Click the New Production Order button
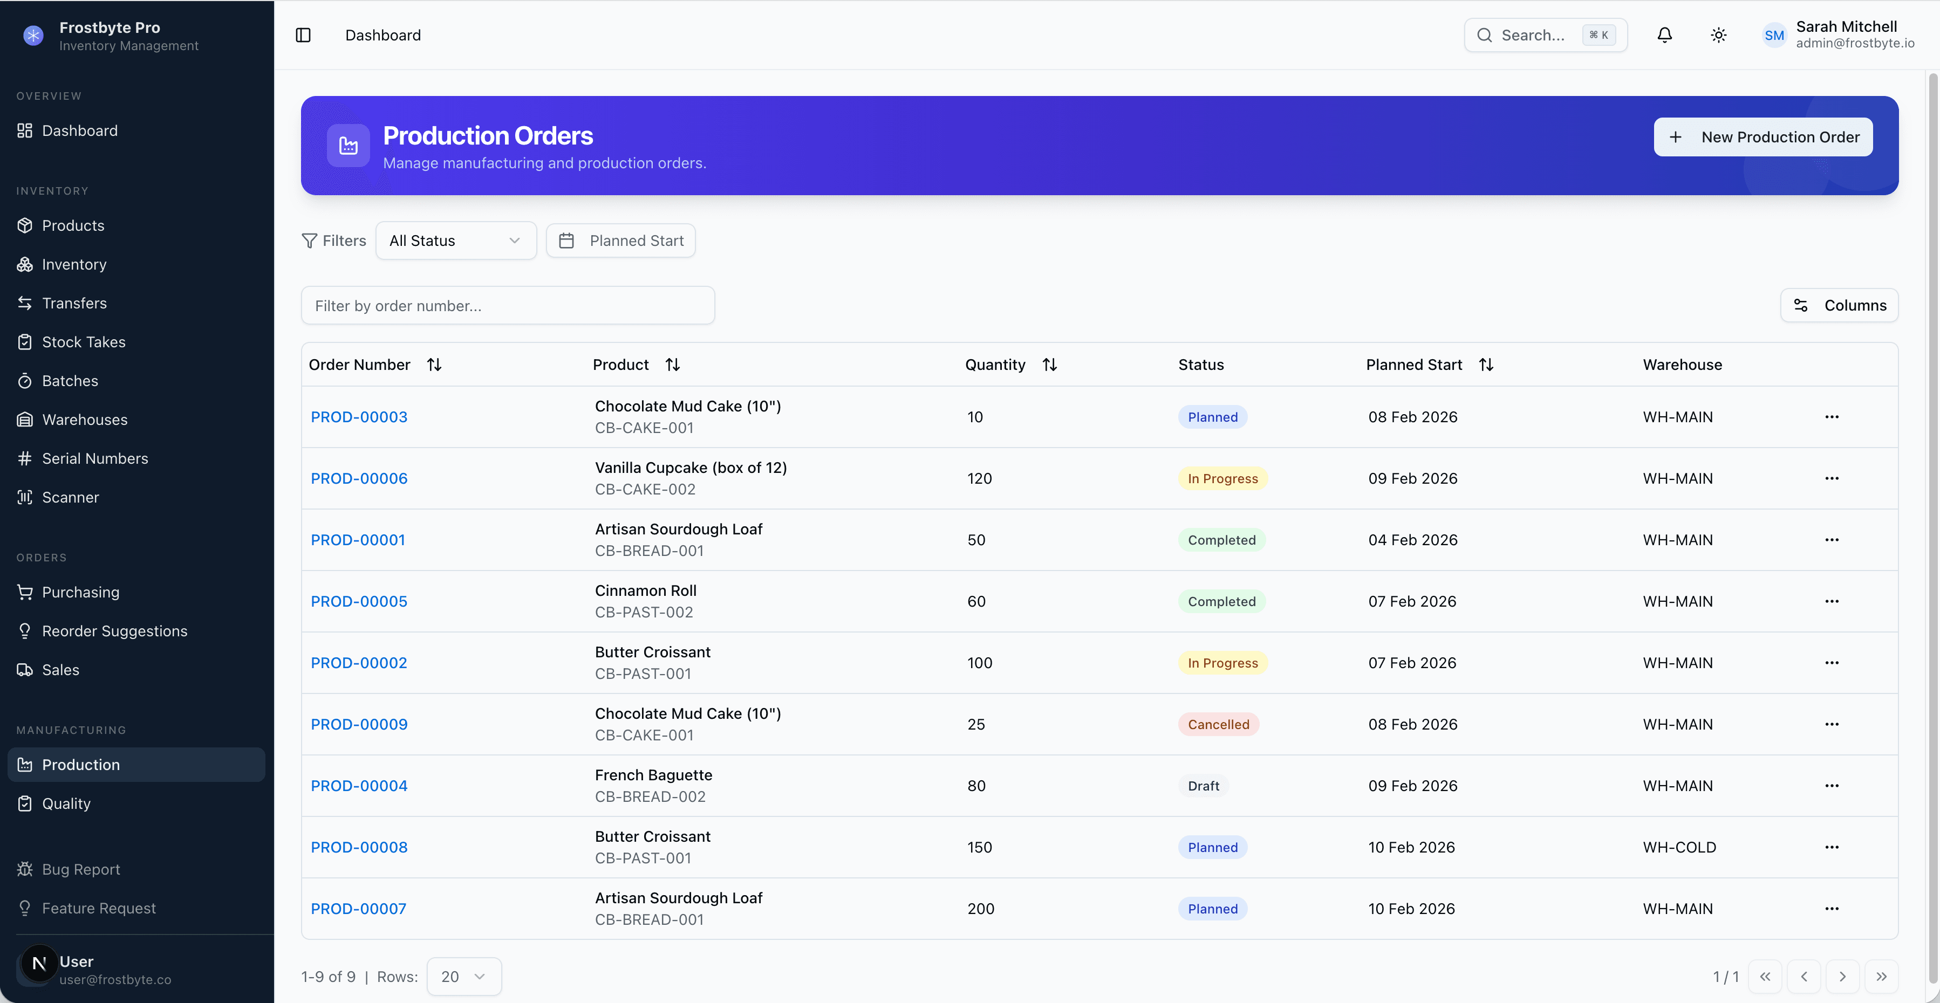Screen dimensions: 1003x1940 pyautogui.click(x=1763, y=137)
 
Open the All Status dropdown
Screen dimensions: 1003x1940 pyautogui.click(x=456, y=241)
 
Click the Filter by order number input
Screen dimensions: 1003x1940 pyautogui.click(x=508, y=306)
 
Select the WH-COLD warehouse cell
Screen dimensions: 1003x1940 pyautogui.click(x=1679, y=847)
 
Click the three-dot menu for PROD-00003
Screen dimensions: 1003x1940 pyautogui.click(x=1832, y=417)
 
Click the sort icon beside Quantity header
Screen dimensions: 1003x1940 pyautogui.click(x=1049, y=365)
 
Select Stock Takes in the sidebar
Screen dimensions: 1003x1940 pyautogui.click(x=84, y=342)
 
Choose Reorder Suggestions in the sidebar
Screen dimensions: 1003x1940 pyautogui.click(x=114, y=631)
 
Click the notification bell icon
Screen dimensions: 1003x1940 pyautogui.click(x=1664, y=36)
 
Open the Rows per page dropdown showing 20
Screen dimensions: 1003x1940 pyautogui.click(x=463, y=977)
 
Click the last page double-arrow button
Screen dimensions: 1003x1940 pyautogui.click(x=1881, y=977)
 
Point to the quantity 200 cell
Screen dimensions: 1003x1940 pyautogui.click(x=981, y=909)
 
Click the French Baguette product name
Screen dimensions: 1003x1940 pyautogui.click(x=653, y=775)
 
